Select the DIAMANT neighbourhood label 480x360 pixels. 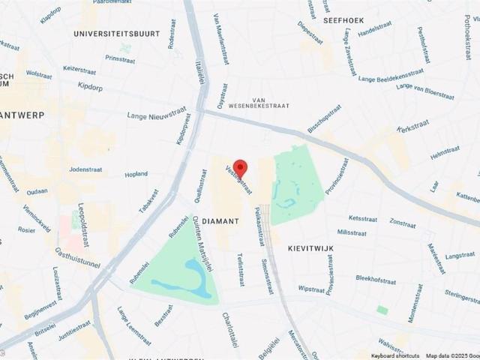(x=220, y=221)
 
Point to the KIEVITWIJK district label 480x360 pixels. (x=310, y=247)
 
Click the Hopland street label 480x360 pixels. (x=136, y=174)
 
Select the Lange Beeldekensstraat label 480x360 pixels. (x=391, y=76)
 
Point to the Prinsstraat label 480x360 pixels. (x=120, y=58)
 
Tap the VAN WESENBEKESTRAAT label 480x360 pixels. (x=259, y=103)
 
